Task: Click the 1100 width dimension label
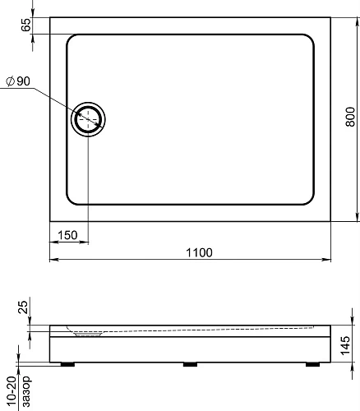199,252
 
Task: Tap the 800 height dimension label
350,117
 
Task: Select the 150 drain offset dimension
67,235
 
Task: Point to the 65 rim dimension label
26,25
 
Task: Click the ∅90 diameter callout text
18,81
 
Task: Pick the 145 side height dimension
345,345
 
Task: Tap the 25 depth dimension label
23,307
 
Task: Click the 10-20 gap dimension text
12,392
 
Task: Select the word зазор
26,391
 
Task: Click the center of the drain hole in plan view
88,119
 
